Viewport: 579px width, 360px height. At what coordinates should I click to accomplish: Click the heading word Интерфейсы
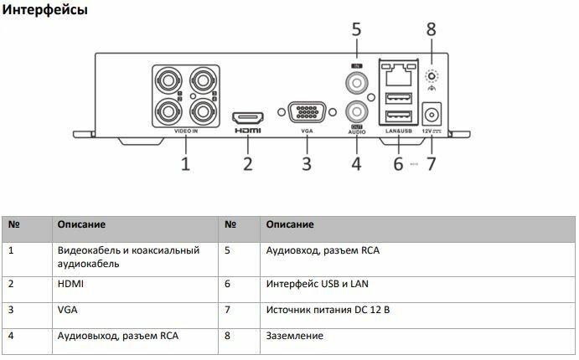(x=45, y=11)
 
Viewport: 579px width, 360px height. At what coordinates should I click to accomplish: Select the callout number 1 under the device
(x=185, y=163)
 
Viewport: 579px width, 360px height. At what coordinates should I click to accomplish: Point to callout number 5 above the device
(x=356, y=30)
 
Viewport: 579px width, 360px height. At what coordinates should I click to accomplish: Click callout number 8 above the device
(x=432, y=30)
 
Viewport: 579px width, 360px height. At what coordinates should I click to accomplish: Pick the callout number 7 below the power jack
(x=432, y=163)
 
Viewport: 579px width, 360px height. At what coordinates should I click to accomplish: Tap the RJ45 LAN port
(x=399, y=72)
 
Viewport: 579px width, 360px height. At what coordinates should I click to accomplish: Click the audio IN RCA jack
(x=357, y=82)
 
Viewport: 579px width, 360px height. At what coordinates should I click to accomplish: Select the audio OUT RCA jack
(x=357, y=111)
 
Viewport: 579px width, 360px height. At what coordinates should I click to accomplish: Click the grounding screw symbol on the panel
(x=432, y=73)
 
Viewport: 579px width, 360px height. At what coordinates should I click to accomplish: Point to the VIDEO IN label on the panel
(x=186, y=131)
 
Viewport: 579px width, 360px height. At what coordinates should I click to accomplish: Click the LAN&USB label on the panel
(x=399, y=132)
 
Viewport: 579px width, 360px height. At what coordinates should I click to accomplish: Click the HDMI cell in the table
(x=70, y=284)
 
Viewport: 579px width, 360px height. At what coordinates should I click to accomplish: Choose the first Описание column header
(x=81, y=224)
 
